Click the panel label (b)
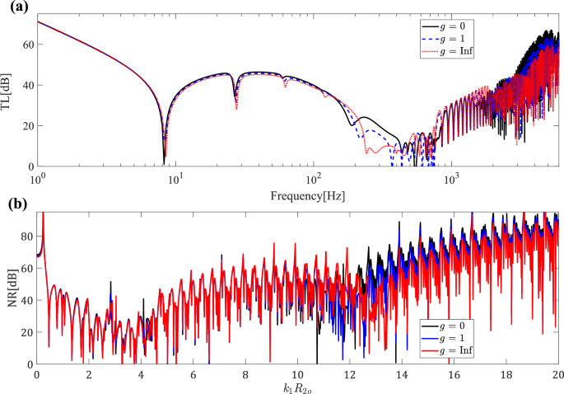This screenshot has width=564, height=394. click(12, 203)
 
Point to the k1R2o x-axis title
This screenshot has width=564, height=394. click(298, 386)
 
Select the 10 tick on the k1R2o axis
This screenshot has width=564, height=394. click(298, 373)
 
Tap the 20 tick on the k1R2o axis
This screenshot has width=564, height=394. click(557, 373)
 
